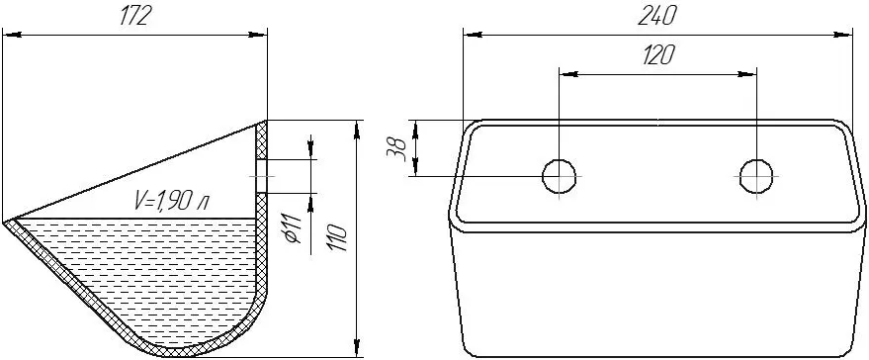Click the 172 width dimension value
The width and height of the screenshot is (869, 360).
coord(135,17)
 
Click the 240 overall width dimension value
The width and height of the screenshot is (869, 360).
coord(657,17)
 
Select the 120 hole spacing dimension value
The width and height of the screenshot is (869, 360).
coord(657,56)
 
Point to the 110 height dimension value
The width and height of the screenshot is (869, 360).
coord(337,237)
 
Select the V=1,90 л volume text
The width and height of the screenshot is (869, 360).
coord(171,201)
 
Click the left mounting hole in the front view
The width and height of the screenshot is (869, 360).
coord(559,176)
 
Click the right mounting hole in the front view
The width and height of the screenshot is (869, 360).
coord(756,176)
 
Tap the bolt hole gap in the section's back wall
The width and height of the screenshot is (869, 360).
coord(262,176)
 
